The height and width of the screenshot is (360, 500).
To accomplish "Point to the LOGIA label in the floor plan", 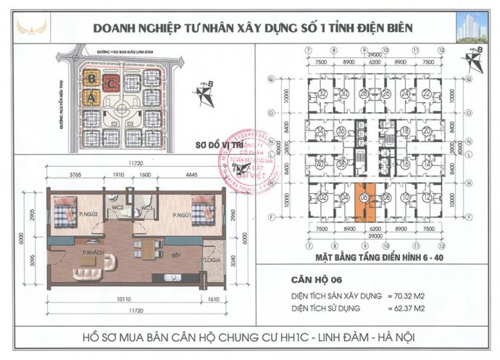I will pos(212,259).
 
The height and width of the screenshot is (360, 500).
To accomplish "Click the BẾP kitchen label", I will pos(175,256).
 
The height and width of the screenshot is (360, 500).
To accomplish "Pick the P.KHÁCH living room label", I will pos(92,251).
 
